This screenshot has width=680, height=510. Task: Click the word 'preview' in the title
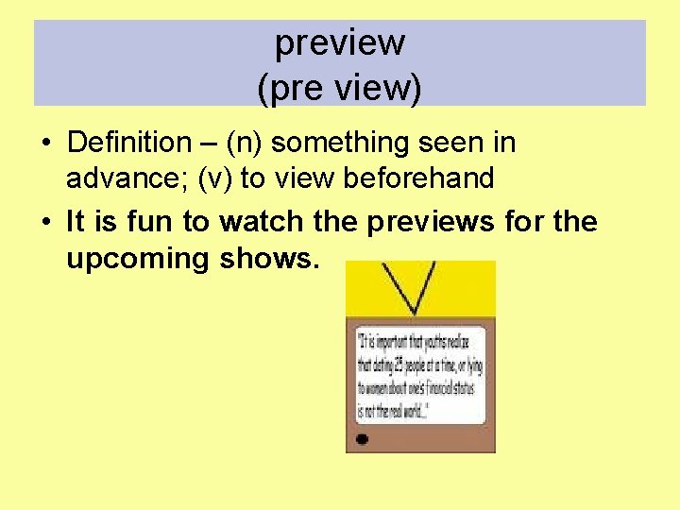pos(340,42)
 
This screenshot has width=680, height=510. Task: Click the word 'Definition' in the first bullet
pos(128,143)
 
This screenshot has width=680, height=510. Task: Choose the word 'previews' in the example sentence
pos(429,222)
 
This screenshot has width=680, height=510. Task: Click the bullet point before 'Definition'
pos(45,144)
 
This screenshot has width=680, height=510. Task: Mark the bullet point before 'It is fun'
pos(45,223)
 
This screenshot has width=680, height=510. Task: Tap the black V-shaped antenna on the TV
pos(415,288)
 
